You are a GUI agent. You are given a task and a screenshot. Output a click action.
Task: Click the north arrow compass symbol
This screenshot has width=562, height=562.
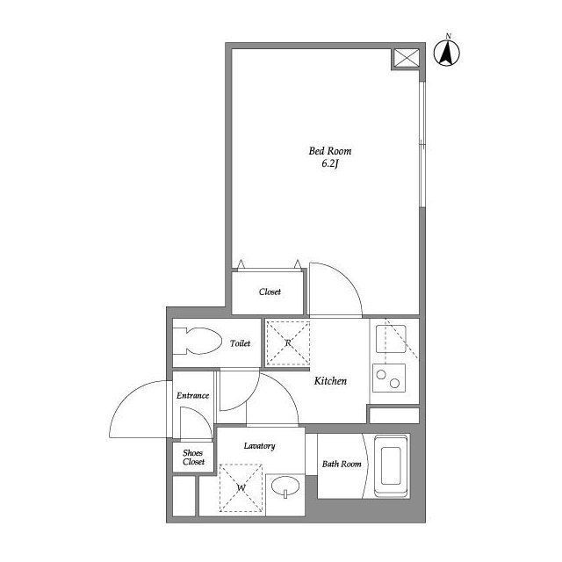tap(447, 53)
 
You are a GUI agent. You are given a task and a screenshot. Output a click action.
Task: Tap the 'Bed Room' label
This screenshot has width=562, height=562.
tap(330, 151)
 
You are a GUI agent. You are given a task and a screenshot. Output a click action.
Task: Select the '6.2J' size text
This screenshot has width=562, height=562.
tap(330, 164)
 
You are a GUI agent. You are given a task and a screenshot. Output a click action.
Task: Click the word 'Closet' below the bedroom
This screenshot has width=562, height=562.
tap(270, 292)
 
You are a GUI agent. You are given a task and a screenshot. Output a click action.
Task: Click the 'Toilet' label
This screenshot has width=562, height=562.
tap(240, 343)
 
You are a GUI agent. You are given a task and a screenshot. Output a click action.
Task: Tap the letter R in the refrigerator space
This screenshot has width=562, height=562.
tap(288, 343)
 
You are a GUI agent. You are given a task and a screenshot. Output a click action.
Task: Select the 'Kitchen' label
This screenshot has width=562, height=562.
tap(330, 380)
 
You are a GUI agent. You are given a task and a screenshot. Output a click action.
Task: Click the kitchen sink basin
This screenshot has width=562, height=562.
tap(391, 339)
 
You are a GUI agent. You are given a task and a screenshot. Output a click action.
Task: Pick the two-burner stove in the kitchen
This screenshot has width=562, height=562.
tap(389, 378)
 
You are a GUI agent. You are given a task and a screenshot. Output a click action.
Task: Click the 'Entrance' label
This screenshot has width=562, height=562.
tap(192, 395)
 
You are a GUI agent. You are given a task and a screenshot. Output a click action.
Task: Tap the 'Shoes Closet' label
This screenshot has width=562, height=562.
tap(193, 458)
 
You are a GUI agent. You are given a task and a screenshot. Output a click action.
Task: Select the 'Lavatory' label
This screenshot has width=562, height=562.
tap(259, 446)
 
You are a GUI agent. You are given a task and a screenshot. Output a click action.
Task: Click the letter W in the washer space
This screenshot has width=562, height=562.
tap(241, 487)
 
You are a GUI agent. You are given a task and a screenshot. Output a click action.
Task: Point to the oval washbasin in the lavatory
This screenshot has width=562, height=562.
tap(285, 486)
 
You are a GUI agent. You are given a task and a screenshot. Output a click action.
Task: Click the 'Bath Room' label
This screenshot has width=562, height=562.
tap(342, 464)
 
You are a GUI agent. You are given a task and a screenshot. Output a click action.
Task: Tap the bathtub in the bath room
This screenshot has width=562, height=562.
tap(391, 466)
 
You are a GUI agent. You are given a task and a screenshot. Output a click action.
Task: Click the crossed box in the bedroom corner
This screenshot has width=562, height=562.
tap(407, 58)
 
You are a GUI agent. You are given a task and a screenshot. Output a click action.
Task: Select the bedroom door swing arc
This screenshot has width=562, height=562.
tap(347, 277)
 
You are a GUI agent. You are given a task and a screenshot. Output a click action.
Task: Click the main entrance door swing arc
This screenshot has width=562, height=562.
tap(124, 398)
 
